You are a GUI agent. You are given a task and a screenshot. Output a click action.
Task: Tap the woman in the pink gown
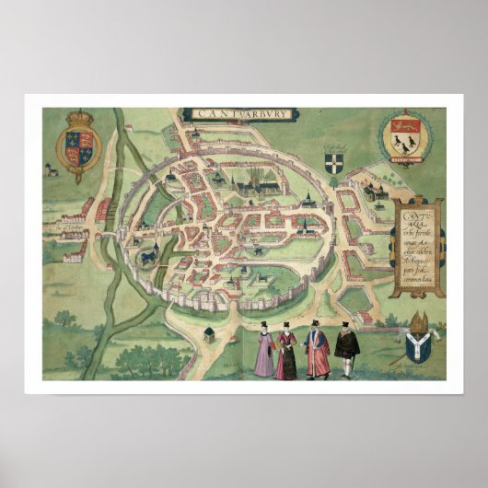(264, 353)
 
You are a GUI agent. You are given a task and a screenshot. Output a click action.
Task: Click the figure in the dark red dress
(287, 354)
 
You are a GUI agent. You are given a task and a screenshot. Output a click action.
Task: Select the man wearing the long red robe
(317, 352)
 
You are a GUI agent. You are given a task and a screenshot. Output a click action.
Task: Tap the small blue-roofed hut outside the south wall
(210, 332)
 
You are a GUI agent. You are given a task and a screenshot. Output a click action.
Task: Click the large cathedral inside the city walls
(253, 190)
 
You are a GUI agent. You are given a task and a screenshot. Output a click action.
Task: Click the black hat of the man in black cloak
(346, 325)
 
